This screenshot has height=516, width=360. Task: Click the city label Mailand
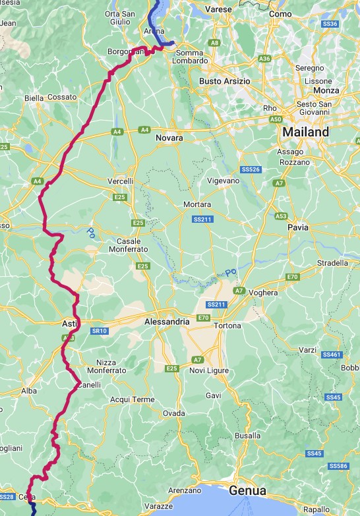305,132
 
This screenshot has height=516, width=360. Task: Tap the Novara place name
169,138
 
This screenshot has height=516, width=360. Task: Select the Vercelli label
120,181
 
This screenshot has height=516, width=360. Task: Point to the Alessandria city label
167,322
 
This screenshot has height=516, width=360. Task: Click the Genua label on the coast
247,491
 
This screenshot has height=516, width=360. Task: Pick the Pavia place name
298,227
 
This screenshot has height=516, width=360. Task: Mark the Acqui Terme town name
133,399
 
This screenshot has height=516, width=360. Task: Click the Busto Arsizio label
224,81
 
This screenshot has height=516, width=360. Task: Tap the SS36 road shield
331,24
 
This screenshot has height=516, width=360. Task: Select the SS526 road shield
252,169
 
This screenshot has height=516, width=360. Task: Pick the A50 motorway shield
276,119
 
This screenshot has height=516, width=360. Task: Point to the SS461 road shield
332,355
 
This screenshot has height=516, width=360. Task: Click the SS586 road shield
338,466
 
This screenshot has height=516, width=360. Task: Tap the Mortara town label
197,204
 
